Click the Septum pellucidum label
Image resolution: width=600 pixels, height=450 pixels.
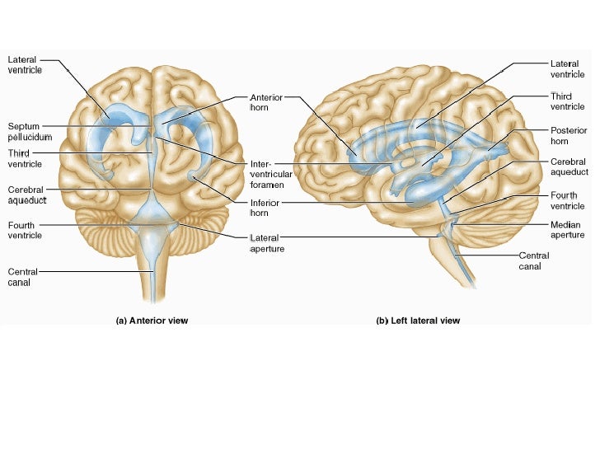30,131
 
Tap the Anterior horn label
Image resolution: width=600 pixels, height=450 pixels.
265,102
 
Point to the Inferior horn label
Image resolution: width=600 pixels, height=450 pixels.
265,208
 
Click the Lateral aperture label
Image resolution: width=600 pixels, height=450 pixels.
266,243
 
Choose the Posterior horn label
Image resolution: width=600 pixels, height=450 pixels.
569,136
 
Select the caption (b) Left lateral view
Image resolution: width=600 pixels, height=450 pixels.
418,321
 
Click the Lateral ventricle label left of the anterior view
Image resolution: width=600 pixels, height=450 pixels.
26,65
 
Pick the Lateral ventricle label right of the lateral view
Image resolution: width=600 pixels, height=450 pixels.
568,69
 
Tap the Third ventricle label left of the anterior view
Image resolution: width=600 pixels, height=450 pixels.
26,159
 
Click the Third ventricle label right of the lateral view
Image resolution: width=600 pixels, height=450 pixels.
568,101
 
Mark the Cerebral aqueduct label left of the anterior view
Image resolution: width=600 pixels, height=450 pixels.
27,195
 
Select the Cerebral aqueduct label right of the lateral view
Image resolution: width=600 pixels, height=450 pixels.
570,167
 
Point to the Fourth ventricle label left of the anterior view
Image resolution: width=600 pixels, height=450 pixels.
26,230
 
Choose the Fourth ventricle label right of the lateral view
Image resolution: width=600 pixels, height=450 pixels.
568,200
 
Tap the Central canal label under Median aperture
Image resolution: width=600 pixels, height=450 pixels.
534,260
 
